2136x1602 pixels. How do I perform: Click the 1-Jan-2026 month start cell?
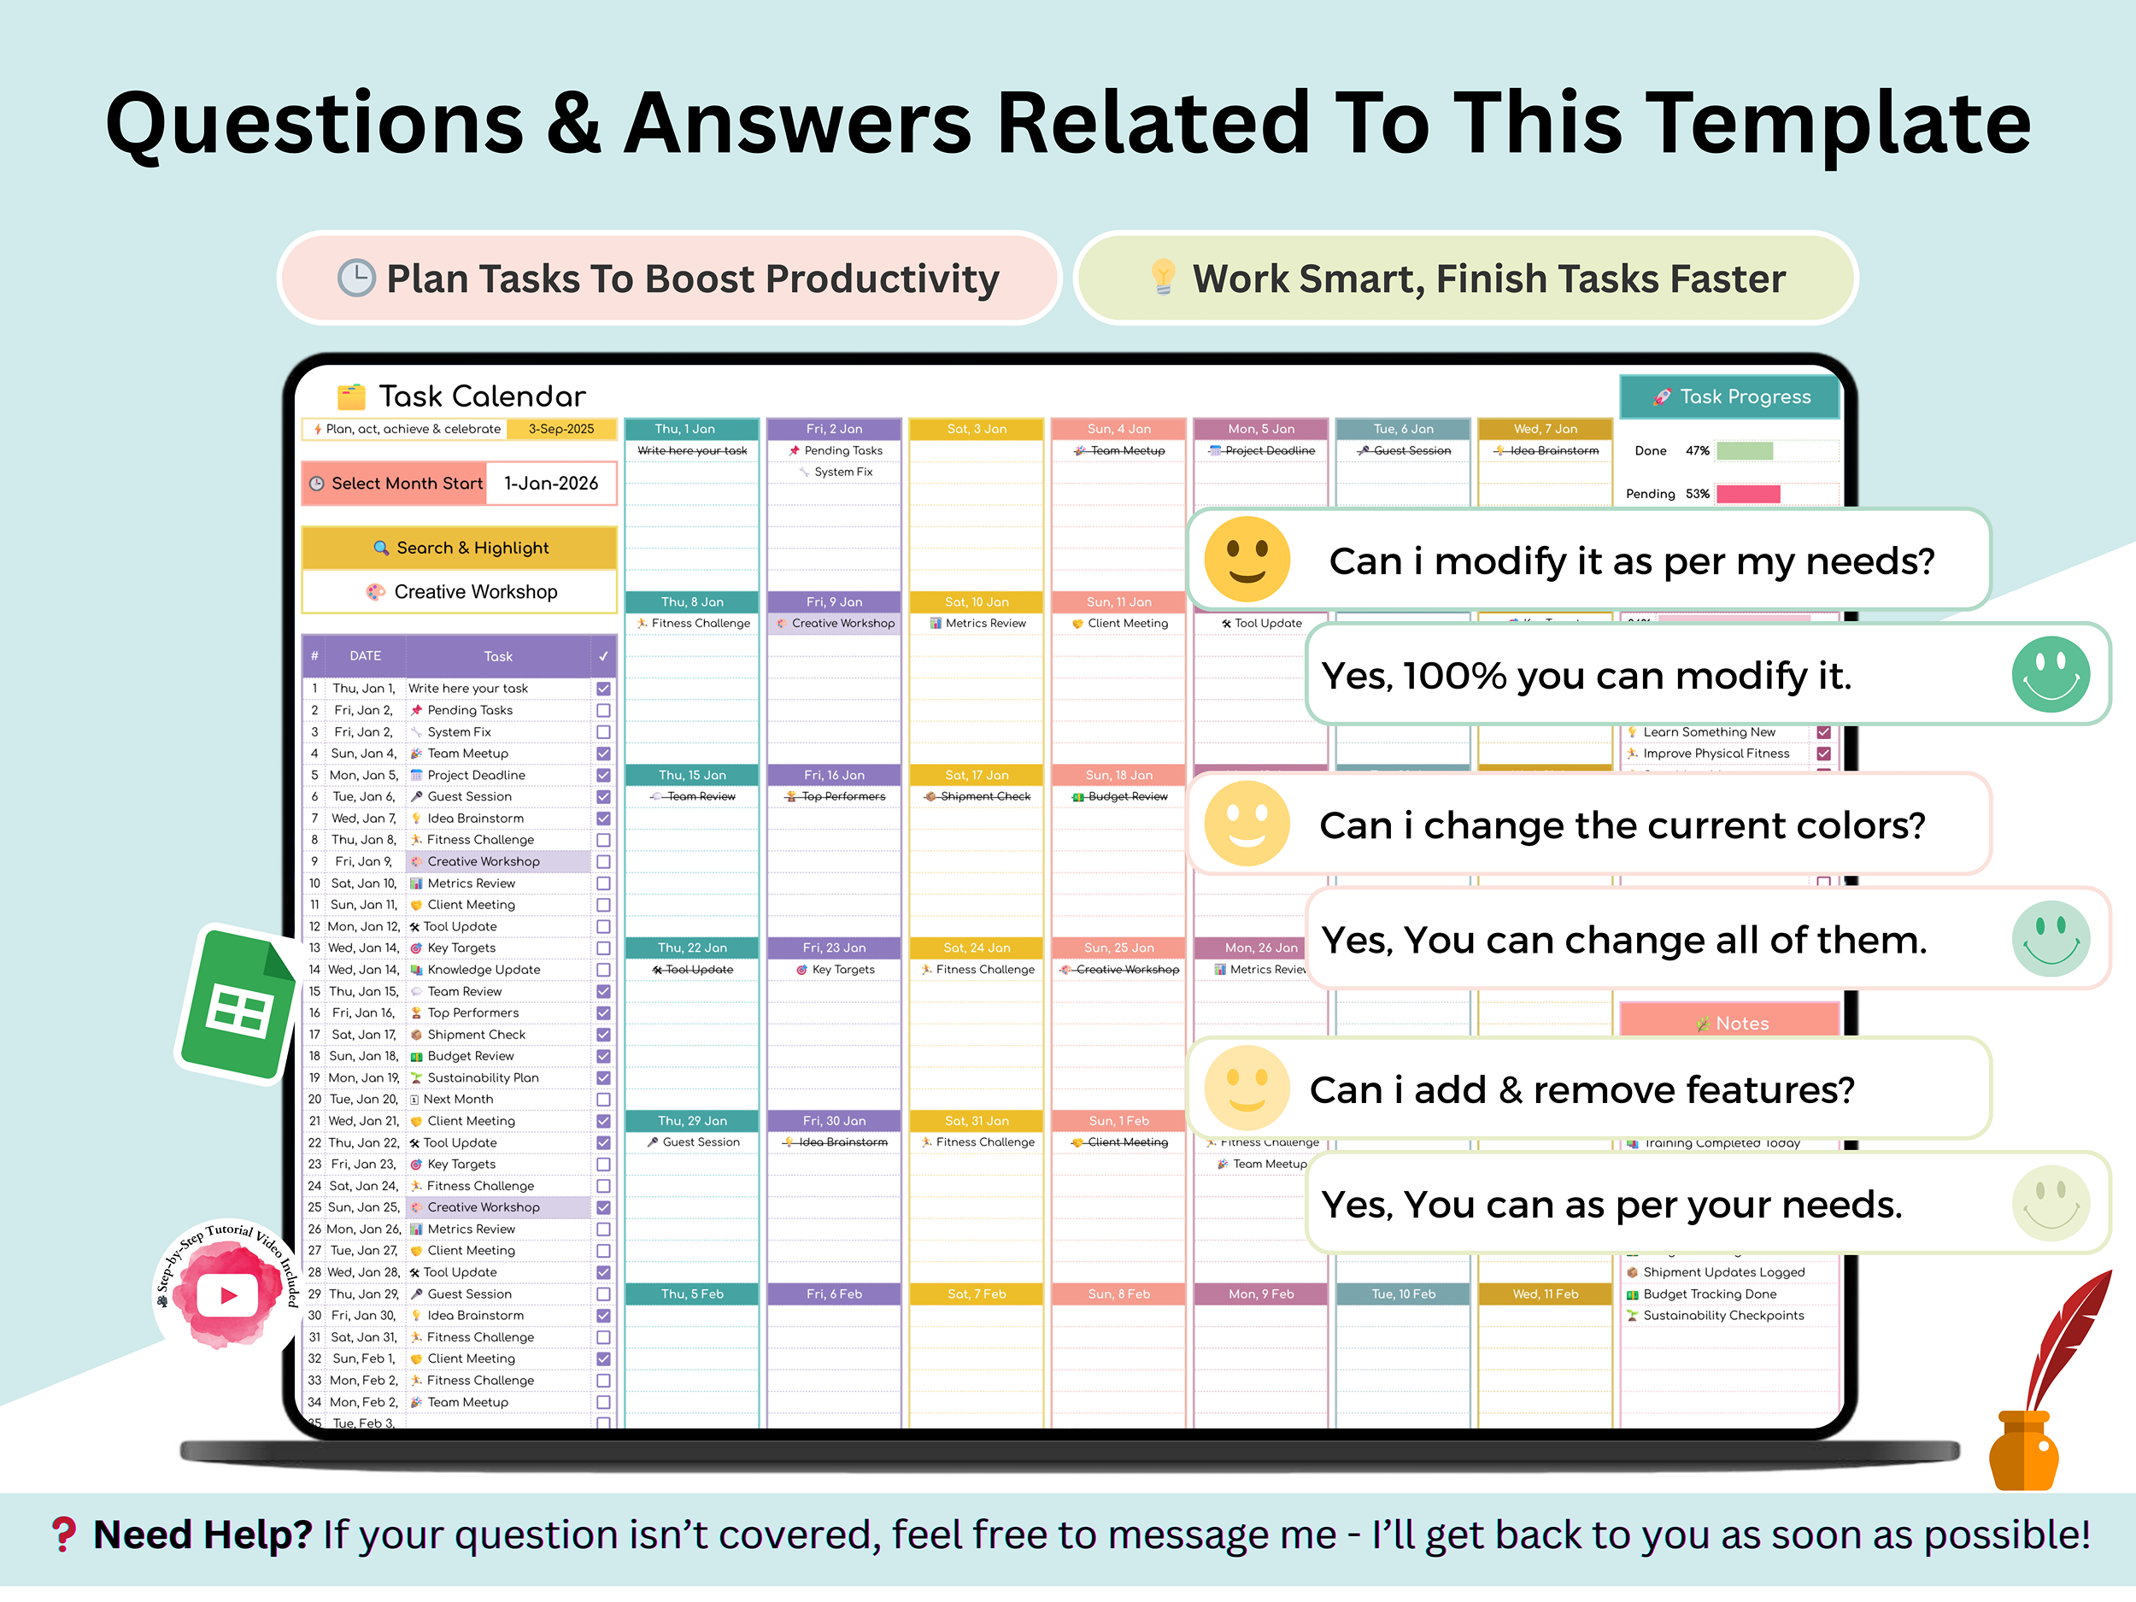[550, 484]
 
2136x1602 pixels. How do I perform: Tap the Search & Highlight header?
[460, 548]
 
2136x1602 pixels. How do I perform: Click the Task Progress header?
[1729, 397]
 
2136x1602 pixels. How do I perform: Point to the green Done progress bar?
[1744, 451]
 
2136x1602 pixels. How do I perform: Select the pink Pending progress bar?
[1748, 495]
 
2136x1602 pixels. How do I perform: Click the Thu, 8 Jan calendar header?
[691, 601]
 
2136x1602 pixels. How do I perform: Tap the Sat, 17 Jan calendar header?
[977, 774]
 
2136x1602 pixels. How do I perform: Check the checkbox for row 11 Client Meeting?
[603, 905]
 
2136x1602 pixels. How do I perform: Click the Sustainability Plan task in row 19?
[482, 1077]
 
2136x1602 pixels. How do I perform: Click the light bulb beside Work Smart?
[1163, 277]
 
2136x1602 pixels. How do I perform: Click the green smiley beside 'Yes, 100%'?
[2050, 675]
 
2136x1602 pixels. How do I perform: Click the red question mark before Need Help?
[64, 1534]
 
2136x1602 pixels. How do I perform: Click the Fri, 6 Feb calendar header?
[833, 1294]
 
